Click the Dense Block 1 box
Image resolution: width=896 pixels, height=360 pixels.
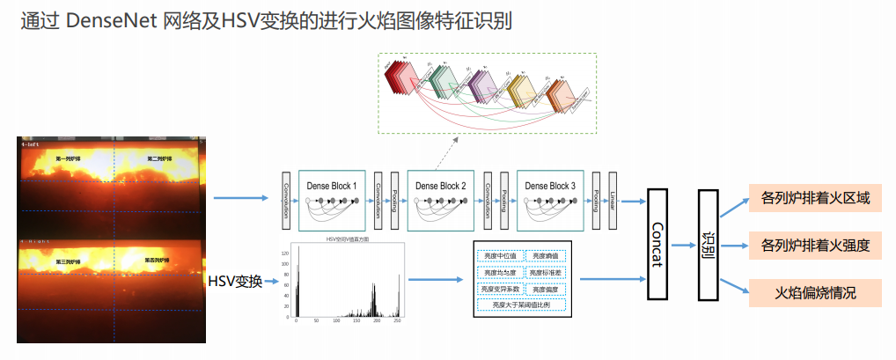(x=332, y=200)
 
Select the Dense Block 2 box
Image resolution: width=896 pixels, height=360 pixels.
(x=441, y=200)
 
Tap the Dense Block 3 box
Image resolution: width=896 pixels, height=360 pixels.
(x=549, y=200)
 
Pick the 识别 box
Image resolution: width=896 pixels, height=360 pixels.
(x=706, y=244)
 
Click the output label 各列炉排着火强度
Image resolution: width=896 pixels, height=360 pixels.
(x=815, y=245)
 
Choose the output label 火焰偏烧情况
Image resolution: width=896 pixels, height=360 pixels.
(x=815, y=292)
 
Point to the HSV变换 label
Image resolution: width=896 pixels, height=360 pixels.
(x=235, y=282)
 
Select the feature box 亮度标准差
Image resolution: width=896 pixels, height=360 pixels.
(x=548, y=272)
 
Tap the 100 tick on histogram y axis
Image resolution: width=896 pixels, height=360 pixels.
(x=287, y=264)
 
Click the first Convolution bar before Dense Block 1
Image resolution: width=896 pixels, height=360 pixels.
(x=286, y=200)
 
